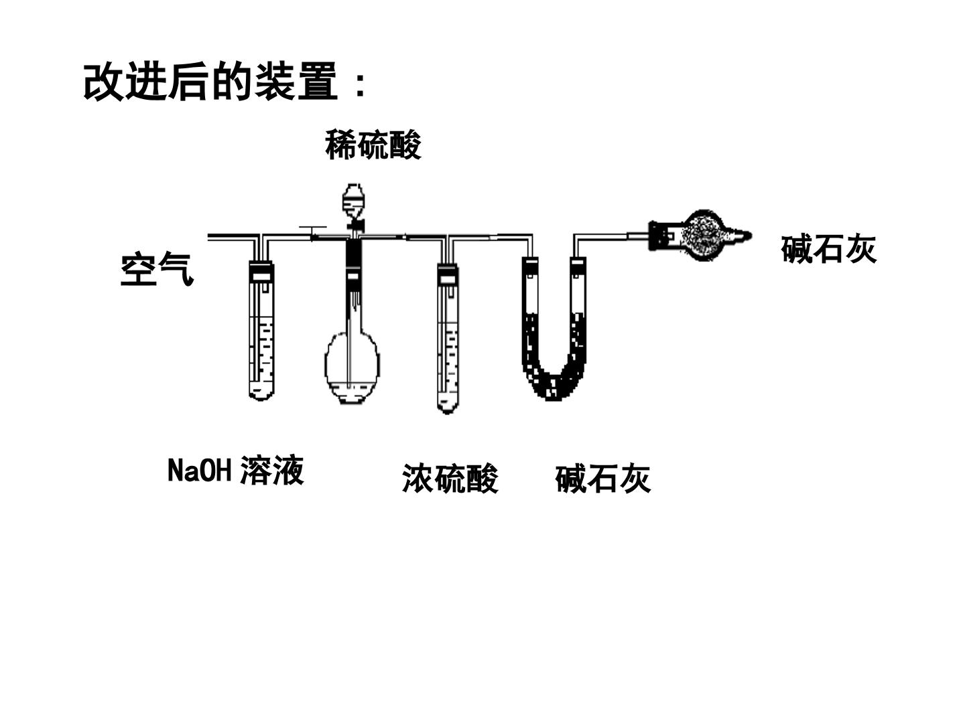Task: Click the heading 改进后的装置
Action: [x=210, y=82]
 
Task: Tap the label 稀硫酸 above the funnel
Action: [x=373, y=145]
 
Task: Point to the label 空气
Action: [x=157, y=268]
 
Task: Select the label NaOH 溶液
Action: [x=236, y=470]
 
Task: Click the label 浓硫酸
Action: [x=450, y=479]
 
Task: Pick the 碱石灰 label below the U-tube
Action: [x=602, y=479]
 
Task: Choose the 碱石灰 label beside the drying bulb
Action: [x=829, y=249]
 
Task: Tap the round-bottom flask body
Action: [x=352, y=367]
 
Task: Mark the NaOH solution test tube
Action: [x=261, y=330]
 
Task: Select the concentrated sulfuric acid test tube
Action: [x=448, y=338]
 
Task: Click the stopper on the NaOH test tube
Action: [x=261, y=271]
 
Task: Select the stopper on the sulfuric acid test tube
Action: [x=448, y=274]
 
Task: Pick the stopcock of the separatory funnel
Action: [x=355, y=226]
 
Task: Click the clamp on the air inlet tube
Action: [x=312, y=233]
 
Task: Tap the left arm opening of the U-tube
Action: [x=531, y=261]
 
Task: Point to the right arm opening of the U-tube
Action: [x=578, y=261]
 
